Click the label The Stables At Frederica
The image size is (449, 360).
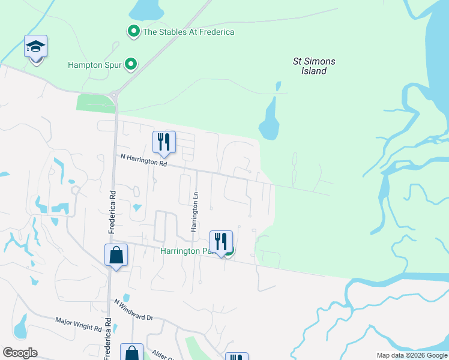pyautogui.click(x=188, y=32)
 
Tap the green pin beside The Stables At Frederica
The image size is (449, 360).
pyautogui.click(x=133, y=31)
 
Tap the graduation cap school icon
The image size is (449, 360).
pyautogui.click(x=36, y=47)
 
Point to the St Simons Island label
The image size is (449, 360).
pyautogui.click(x=313, y=66)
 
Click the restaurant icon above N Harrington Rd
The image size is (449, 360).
pyautogui.click(x=164, y=143)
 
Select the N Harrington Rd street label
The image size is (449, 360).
pyautogui.click(x=143, y=160)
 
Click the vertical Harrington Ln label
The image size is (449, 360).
pyautogui.click(x=194, y=212)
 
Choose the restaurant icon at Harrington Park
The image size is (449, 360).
pyautogui.click(x=221, y=242)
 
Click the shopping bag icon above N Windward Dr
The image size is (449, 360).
pyautogui.click(x=116, y=256)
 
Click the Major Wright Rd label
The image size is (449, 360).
pyautogui.click(x=78, y=325)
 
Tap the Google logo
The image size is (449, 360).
pyautogui.click(x=20, y=353)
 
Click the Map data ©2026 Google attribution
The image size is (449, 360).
pyautogui.click(x=411, y=355)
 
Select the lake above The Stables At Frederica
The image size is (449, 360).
pyautogui.click(x=146, y=9)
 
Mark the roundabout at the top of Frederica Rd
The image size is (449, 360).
pyautogui.click(x=114, y=94)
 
